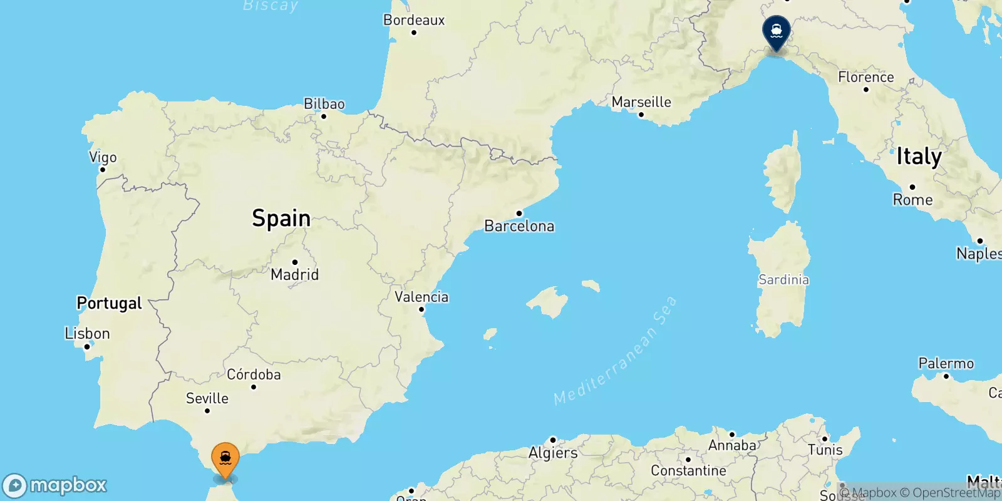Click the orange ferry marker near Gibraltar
(x=225, y=460)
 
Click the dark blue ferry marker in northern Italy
(x=776, y=31)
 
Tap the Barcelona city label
(x=519, y=226)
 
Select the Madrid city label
(x=294, y=274)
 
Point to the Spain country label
(x=281, y=218)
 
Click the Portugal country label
(x=110, y=303)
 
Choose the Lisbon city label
(x=88, y=334)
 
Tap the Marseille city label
(x=641, y=102)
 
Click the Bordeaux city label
(x=414, y=20)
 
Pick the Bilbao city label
(x=324, y=104)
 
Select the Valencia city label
(x=421, y=297)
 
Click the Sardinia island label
(x=783, y=280)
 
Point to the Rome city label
(x=912, y=200)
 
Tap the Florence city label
(x=866, y=77)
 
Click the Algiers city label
(x=553, y=453)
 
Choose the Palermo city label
(x=946, y=363)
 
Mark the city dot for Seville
(x=207, y=411)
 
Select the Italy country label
(x=919, y=157)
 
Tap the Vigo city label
(x=103, y=158)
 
